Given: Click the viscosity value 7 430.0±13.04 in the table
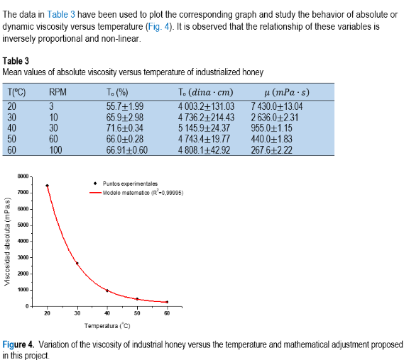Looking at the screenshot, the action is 277,106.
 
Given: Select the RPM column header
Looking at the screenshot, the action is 58,92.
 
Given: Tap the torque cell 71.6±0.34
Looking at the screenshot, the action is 125,128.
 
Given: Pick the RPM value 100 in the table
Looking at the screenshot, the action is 55,150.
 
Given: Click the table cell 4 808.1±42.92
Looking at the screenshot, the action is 204,150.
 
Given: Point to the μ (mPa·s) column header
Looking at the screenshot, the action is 287,92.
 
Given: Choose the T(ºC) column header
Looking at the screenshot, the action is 17,92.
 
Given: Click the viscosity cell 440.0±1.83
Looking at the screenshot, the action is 272,139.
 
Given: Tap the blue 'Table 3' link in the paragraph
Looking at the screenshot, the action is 61,14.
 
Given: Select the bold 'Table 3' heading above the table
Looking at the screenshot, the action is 16,61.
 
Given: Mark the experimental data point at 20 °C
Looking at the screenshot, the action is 47,186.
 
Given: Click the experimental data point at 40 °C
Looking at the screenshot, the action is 107,291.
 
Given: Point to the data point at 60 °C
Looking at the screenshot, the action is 168,302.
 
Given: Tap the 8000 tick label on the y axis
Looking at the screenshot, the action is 23,176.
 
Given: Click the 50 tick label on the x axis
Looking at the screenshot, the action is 137,313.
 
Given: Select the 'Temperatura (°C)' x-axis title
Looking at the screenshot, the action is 107,326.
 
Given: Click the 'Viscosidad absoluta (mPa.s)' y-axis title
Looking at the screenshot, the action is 8,242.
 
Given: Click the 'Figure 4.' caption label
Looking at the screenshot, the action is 18,344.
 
